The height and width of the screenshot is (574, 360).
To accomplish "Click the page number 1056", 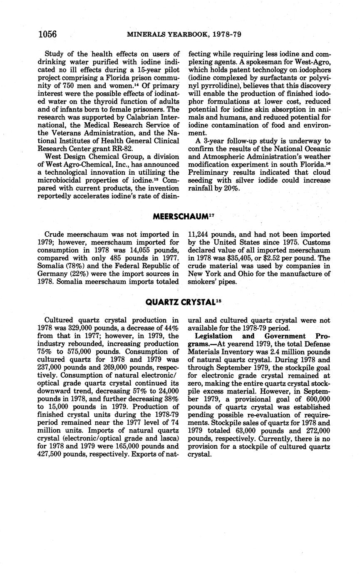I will pyautogui.click(x=47, y=34).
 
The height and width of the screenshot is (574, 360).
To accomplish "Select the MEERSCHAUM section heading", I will pyautogui.click(x=180, y=216).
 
